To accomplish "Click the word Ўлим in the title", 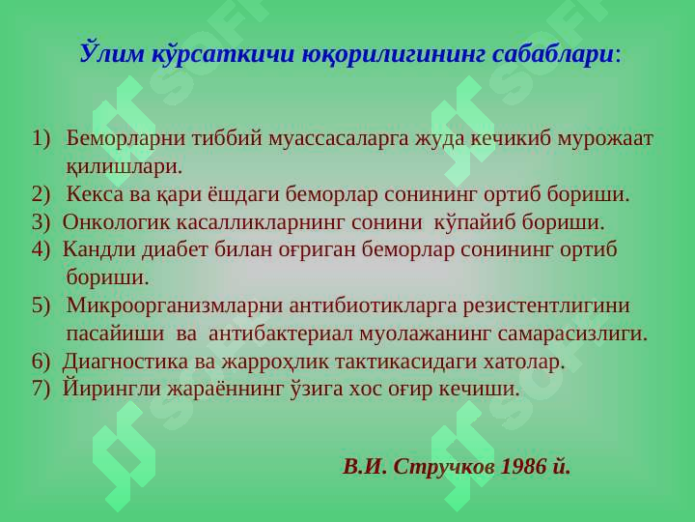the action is pyautogui.click(x=113, y=53).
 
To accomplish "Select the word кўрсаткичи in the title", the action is pyautogui.click(x=223, y=54).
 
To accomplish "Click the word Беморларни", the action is pyautogui.click(x=125, y=139).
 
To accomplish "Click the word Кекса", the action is pyautogui.click(x=95, y=194).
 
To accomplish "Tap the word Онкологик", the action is pyautogui.click(x=116, y=222).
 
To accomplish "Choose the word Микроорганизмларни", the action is pyautogui.click(x=174, y=305).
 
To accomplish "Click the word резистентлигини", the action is pyautogui.click(x=546, y=305).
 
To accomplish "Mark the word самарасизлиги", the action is pyautogui.click(x=572, y=333).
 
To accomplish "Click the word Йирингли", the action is pyautogui.click(x=111, y=388).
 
